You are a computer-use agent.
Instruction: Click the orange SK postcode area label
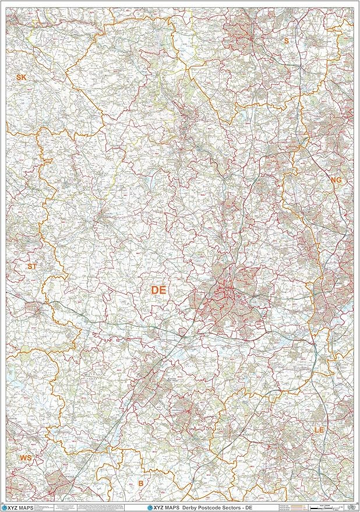22,77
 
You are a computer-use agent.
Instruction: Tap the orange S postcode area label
286,41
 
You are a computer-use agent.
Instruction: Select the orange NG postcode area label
336,181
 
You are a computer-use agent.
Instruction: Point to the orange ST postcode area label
32,266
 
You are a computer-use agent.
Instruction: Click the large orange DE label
158,289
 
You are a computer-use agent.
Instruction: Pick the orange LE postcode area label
319,429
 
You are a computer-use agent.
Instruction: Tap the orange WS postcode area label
26,458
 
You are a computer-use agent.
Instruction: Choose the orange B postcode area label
140,483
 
